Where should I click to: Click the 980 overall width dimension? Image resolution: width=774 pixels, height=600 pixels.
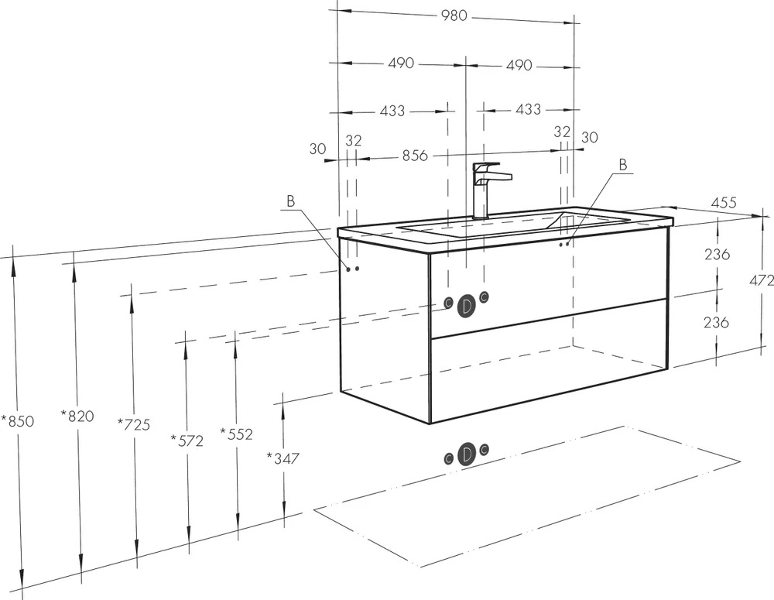click(x=454, y=15)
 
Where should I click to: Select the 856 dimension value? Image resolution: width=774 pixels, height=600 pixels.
click(x=415, y=156)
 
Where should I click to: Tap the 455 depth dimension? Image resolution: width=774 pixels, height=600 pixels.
click(x=723, y=203)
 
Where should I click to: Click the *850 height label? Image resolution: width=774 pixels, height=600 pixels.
click(x=18, y=421)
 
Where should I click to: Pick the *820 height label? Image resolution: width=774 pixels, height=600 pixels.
click(x=77, y=416)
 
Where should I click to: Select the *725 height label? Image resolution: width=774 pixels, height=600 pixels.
click(x=134, y=424)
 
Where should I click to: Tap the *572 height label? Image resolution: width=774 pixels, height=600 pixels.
click(x=187, y=441)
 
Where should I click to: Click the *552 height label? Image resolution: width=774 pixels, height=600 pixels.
click(x=236, y=434)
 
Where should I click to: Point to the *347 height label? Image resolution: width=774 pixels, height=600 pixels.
click(x=283, y=458)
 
